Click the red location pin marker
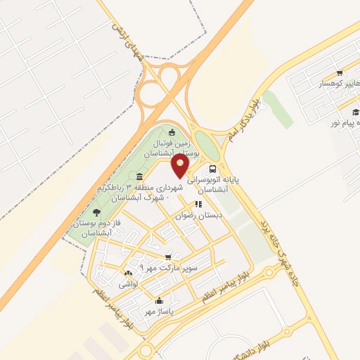181,166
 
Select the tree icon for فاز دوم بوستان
96,212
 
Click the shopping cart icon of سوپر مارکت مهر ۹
167,257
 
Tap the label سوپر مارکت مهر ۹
169,269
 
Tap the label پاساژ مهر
158,311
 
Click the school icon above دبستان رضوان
198,205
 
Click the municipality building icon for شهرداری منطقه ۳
139,176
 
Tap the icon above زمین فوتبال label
172,132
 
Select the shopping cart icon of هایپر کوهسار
340,72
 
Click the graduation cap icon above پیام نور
356,112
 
